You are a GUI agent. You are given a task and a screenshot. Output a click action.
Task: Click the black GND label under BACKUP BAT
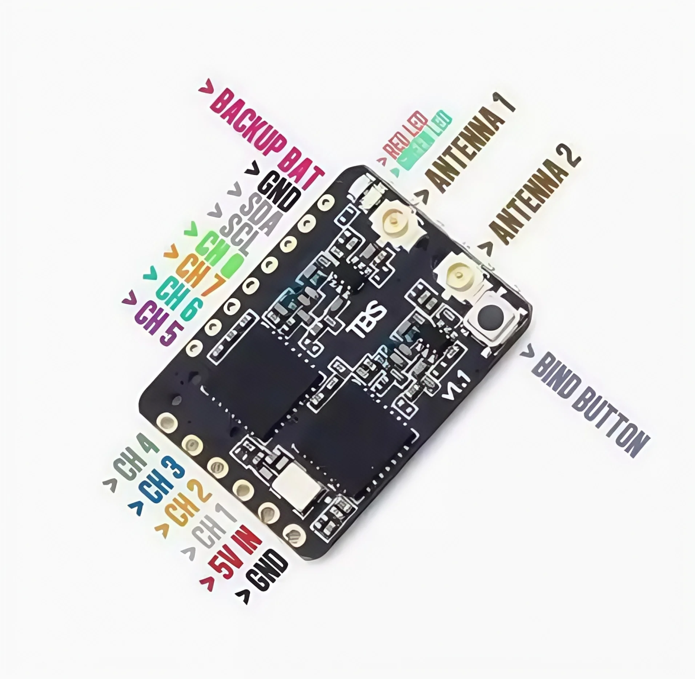tap(280, 194)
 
